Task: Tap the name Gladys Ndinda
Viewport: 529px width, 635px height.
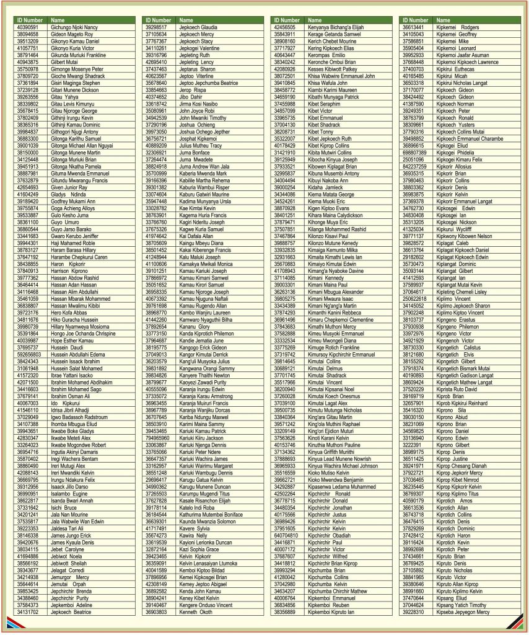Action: click(x=69, y=194)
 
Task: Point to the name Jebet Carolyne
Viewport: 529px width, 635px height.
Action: click(x=67, y=549)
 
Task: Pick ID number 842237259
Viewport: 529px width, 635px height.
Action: click(x=414, y=167)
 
